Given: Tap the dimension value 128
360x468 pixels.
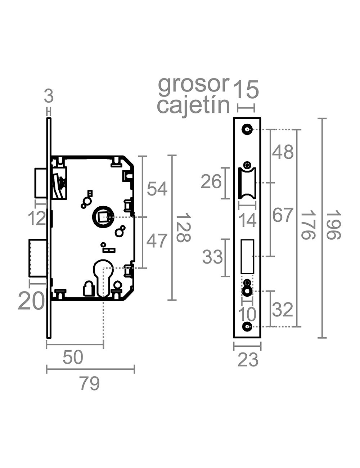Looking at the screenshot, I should click(x=183, y=227).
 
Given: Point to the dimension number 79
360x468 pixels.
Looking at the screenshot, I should click(x=89, y=384).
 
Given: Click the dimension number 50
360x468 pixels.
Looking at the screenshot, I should click(x=73, y=357).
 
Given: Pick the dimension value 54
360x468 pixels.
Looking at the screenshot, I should click(x=157, y=189).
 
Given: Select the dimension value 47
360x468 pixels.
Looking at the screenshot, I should click(x=157, y=241).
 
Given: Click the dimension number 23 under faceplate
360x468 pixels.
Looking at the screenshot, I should click(x=248, y=360).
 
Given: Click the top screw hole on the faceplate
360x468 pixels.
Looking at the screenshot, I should click(x=247, y=129).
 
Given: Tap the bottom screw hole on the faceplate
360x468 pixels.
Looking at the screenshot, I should click(x=247, y=327).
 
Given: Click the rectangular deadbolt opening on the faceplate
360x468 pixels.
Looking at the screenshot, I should click(x=247, y=256).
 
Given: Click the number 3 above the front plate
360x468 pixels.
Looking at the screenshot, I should click(x=49, y=96).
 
